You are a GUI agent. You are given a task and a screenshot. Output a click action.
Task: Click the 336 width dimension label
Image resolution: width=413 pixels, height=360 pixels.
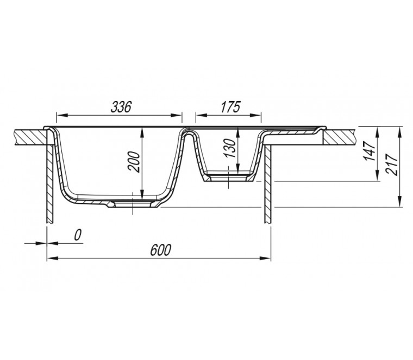121,107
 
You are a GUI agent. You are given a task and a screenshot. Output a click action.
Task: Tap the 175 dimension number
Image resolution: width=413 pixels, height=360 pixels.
230,107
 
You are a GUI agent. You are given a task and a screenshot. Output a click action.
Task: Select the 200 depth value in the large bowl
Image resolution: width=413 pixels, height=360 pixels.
134,162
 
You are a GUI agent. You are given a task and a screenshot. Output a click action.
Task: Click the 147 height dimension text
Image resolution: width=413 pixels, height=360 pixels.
370,151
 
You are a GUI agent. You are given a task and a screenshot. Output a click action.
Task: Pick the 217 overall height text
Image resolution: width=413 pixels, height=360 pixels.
391,165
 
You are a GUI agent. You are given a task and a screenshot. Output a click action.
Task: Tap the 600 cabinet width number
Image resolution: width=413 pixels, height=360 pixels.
161,250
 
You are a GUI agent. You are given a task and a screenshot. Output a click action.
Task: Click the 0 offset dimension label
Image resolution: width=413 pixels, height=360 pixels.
77,235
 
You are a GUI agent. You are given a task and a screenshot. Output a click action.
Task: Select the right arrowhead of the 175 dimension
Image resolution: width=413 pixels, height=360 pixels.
255,115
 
